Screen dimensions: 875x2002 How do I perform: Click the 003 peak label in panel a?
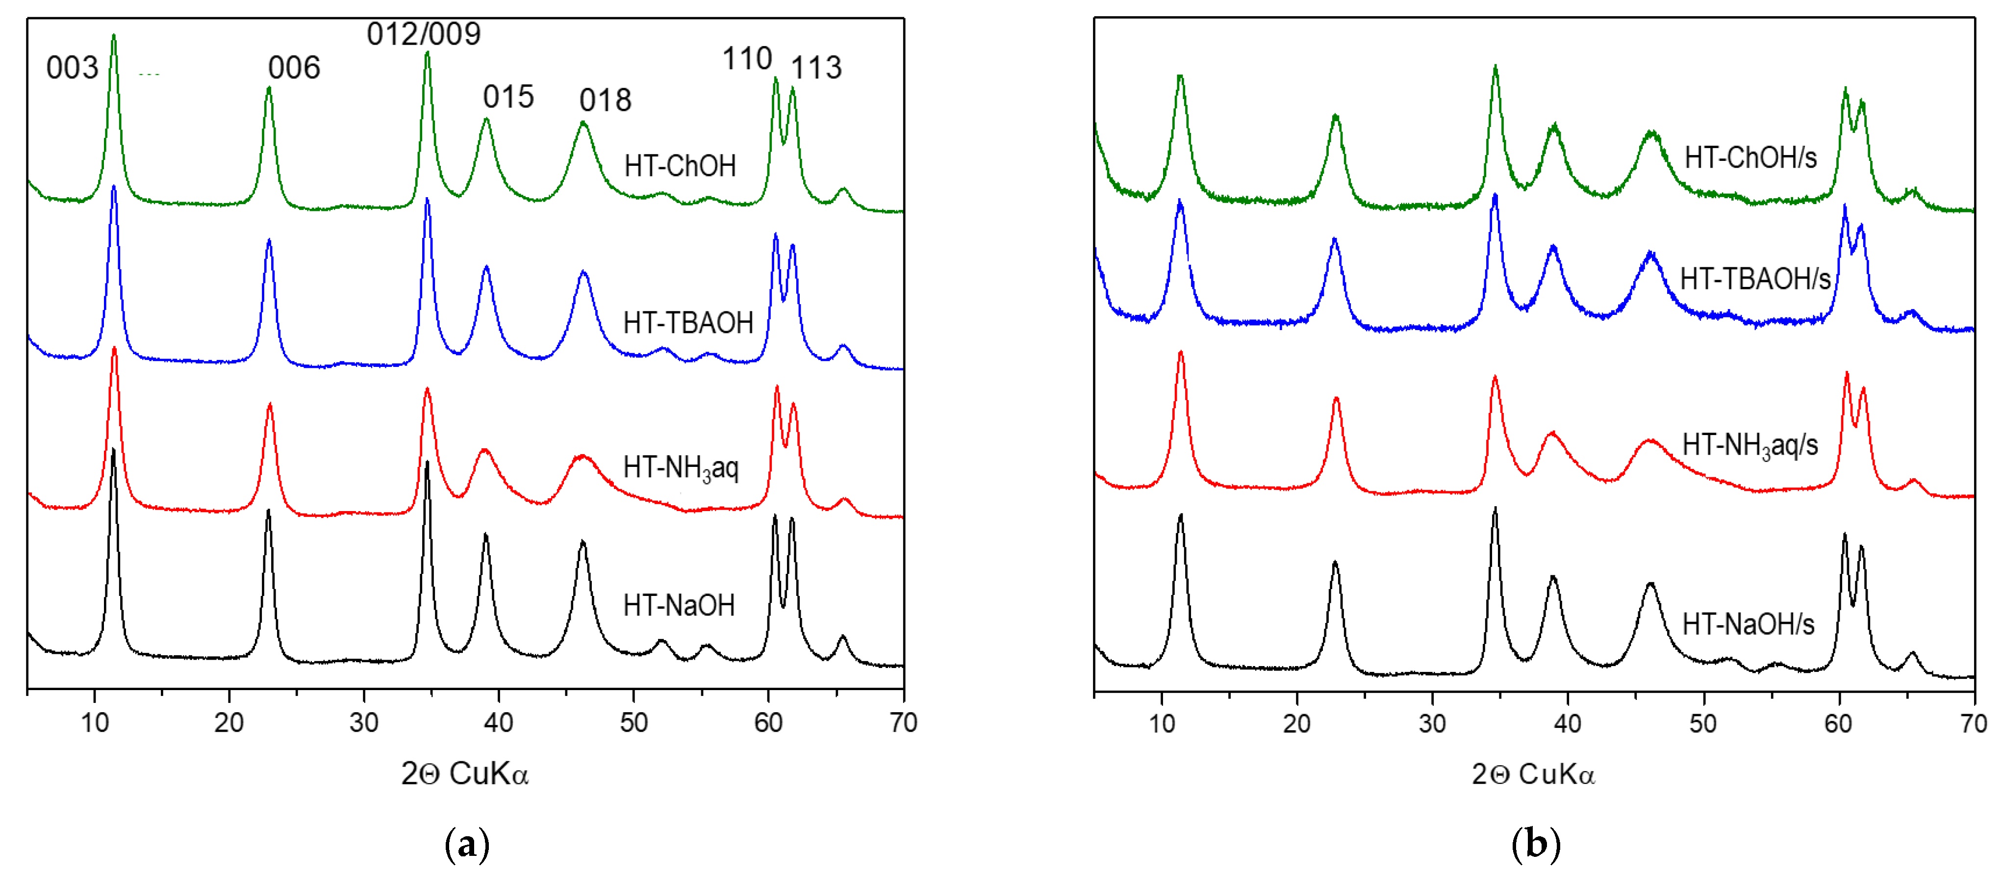[72, 68]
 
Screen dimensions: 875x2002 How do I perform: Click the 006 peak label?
[294, 68]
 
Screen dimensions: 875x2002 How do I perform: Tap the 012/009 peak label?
[424, 34]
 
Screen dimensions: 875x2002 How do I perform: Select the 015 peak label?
[508, 97]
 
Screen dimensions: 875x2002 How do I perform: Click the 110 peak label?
[747, 59]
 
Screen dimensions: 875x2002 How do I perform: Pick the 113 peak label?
[816, 68]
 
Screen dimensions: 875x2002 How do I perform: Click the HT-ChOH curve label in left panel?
[680, 165]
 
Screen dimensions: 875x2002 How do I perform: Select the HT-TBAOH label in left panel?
[688, 323]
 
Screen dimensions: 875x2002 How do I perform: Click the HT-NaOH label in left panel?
[679, 605]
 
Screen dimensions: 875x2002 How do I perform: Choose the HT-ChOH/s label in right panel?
[1750, 158]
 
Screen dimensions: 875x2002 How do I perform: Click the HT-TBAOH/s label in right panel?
[1755, 278]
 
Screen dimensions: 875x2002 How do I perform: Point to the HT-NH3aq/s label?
[1749, 445]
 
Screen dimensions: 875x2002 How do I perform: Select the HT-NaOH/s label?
[1748, 624]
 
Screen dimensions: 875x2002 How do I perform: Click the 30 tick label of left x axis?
[364, 722]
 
